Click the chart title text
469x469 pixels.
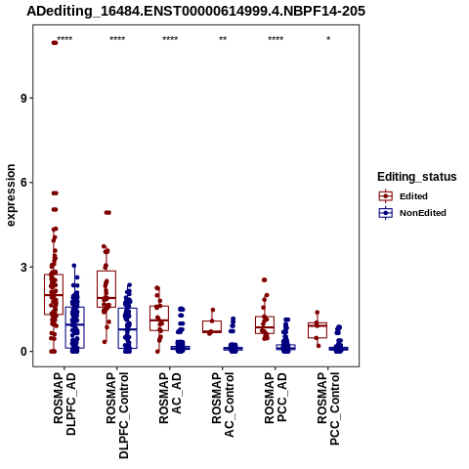(x=195, y=12)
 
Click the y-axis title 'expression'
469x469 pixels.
(x=11, y=195)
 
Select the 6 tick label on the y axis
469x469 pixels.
(x=24, y=183)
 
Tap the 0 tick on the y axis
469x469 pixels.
(x=24, y=352)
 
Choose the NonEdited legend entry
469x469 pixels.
(x=412, y=213)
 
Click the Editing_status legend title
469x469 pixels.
(x=417, y=177)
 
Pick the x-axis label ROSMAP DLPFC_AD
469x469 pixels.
(x=64, y=404)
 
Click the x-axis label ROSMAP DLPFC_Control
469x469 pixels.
(x=117, y=415)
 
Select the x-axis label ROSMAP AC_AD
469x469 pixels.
(x=170, y=398)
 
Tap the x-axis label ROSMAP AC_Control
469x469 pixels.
(x=223, y=405)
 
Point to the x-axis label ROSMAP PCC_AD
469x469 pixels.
(x=276, y=398)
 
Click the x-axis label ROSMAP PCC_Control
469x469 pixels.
(x=328, y=408)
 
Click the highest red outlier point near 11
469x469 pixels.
(x=55, y=43)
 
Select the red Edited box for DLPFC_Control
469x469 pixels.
(x=107, y=289)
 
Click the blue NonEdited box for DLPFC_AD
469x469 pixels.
(x=75, y=327)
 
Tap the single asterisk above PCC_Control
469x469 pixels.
(x=328, y=39)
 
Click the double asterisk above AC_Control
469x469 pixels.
(x=223, y=39)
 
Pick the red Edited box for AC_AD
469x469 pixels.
(x=159, y=319)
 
